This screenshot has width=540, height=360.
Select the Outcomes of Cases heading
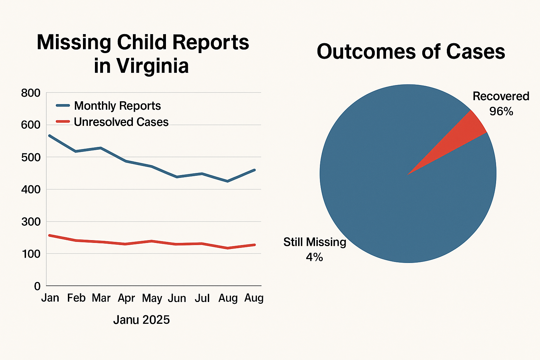[411, 52]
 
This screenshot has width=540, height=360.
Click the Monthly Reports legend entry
[117, 106]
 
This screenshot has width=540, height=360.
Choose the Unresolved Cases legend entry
[121, 122]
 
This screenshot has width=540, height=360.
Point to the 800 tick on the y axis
[31, 93]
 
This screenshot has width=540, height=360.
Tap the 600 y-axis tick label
[31, 125]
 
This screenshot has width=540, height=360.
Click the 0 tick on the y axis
[37, 286]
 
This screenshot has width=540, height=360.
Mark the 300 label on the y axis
[31, 222]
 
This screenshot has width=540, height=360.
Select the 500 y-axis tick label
[31, 157]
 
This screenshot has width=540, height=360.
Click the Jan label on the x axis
[50, 298]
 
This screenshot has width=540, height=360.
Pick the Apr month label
[126, 298]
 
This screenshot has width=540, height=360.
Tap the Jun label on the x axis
[177, 298]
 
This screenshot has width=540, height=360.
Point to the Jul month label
[202, 298]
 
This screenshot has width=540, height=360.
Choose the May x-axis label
[152, 298]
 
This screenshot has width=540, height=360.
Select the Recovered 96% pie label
[501, 104]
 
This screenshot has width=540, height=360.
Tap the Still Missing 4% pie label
[315, 249]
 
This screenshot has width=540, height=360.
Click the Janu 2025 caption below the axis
[141, 320]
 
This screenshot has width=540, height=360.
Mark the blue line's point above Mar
[101, 148]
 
